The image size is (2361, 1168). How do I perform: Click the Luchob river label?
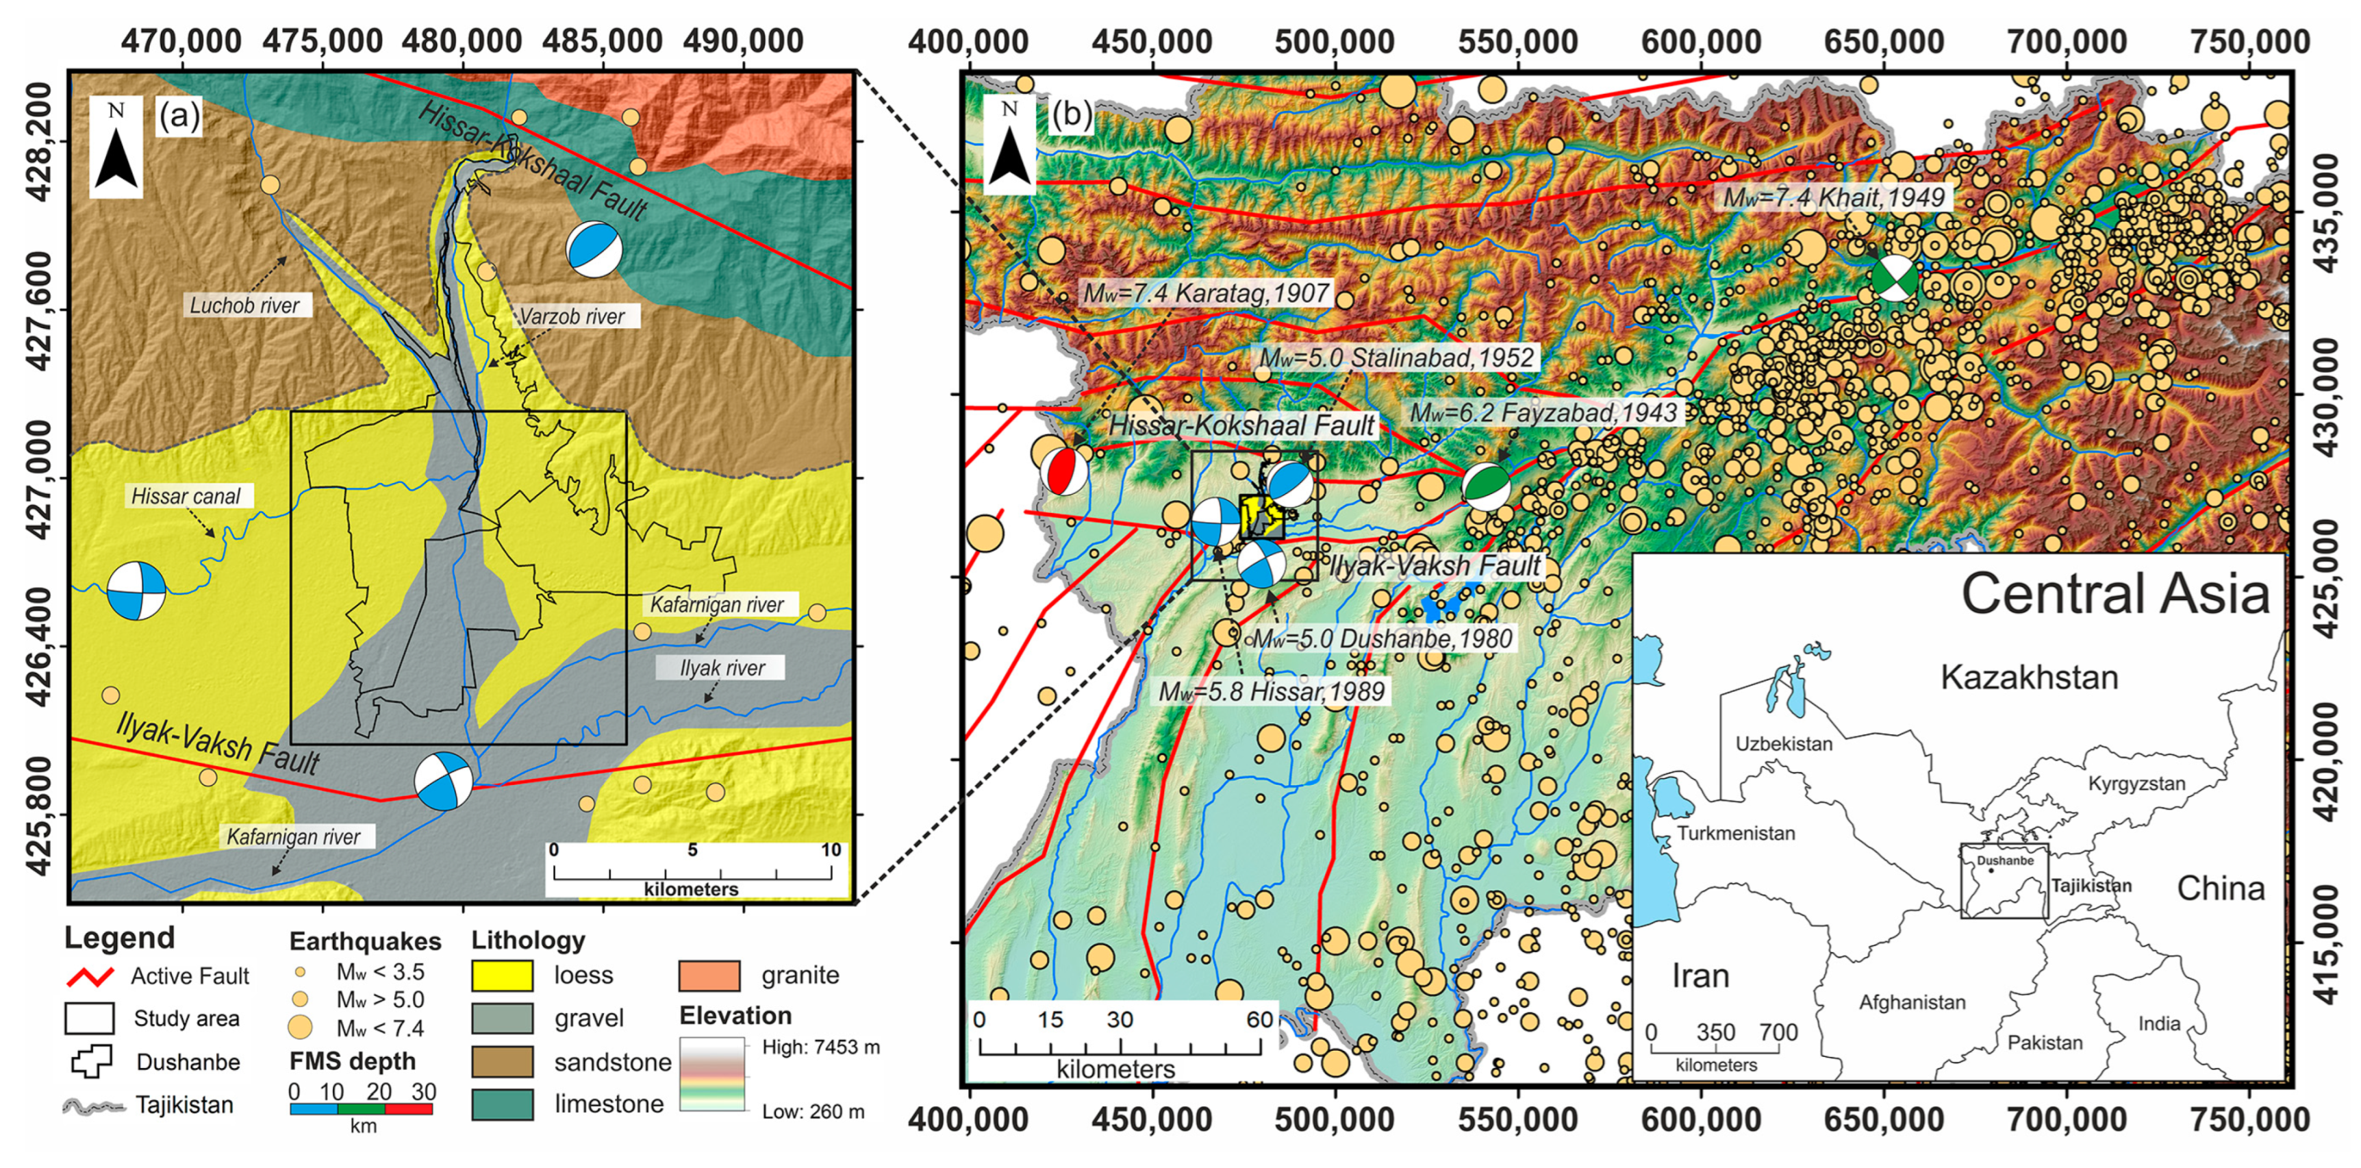[244, 306]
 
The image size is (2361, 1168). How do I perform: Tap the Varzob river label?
[572, 317]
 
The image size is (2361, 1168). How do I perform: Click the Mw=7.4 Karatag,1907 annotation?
[1206, 293]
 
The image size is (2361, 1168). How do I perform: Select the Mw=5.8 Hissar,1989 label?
[1272, 691]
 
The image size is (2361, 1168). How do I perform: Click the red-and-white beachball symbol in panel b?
[1064, 471]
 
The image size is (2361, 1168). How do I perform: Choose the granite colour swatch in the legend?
[709, 976]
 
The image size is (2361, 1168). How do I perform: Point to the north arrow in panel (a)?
[116, 149]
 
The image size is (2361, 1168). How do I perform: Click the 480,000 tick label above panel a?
[462, 40]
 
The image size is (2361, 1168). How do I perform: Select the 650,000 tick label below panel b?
[1884, 1120]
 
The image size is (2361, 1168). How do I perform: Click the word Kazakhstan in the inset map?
[2029, 678]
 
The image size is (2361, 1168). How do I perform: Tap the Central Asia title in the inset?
[2115, 594]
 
